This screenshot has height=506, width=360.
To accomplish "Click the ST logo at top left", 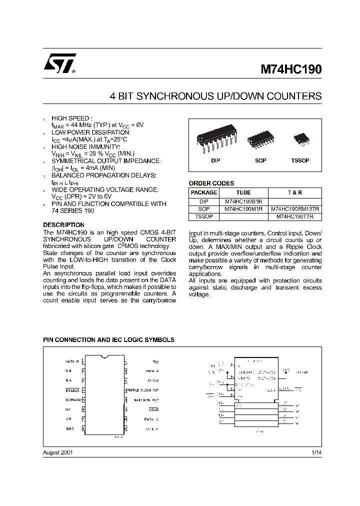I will tap(59, 64).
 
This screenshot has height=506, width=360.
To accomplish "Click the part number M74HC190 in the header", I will tap(291, 70).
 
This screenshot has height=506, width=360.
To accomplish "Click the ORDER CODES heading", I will tap(211, 183).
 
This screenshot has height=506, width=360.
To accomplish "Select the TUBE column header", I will tap(243, 192).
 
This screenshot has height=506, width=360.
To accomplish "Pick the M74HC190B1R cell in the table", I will tap(243, 201).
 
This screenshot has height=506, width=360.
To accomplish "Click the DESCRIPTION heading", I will tap(63, 225).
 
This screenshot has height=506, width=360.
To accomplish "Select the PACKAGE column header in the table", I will tap(204, 192).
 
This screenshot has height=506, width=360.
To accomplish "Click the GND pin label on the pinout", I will tap(69, 429).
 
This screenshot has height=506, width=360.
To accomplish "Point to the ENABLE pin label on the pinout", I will tap(72, 390).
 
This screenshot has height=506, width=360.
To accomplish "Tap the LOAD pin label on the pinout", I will tap(153, 409).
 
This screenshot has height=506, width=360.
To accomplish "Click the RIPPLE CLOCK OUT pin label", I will tap(143, 390).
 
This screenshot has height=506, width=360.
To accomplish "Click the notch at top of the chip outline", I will tap(105, 357).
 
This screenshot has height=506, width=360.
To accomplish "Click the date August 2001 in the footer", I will tap(58, 452).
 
